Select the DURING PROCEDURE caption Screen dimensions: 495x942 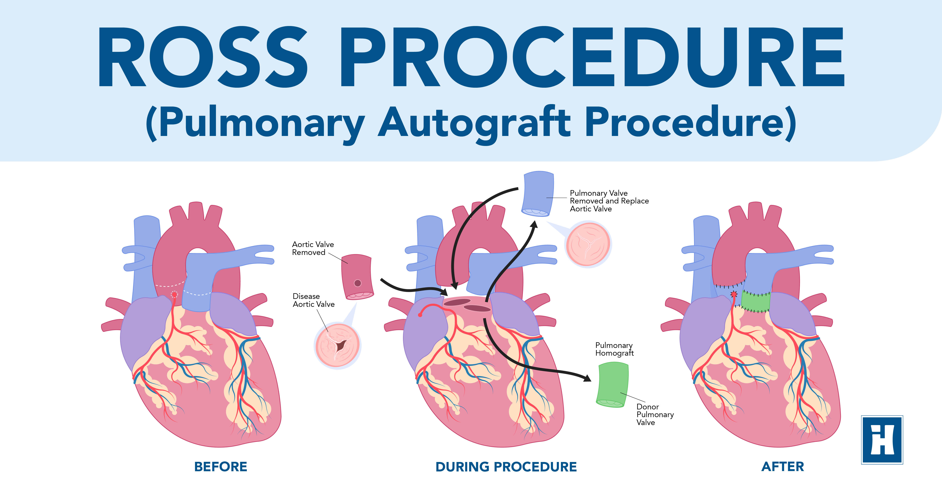pos(506,467)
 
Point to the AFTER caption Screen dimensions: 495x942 pos(783,467)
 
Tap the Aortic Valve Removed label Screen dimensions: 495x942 pos(313,248)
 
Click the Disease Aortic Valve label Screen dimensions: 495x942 pos(313,300)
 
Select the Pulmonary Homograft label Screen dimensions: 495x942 pos(614,349)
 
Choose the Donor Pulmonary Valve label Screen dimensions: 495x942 pos(655,414)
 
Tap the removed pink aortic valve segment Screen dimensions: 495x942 pos(357,276)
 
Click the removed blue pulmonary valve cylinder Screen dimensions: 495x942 pos(538,193)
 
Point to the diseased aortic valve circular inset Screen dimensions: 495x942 pos(337,345)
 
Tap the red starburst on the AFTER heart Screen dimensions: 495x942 pos(734,294)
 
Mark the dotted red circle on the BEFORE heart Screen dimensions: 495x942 pos(174,294)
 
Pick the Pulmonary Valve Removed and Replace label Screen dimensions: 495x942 pos(609,201)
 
